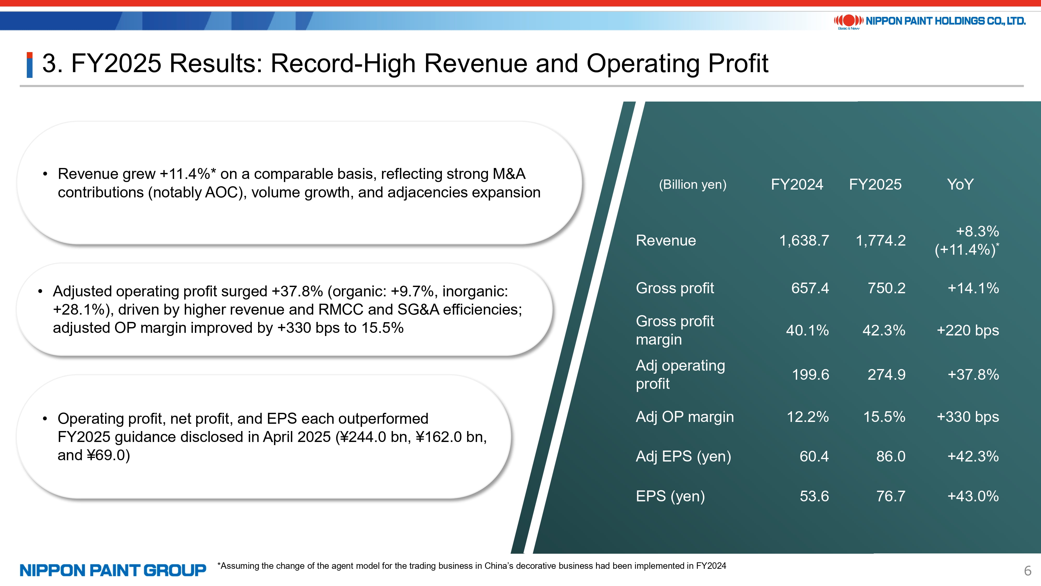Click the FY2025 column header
(x=875, y=184)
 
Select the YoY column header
(x=960, y=184)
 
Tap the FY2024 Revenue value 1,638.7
(x=804, y=241)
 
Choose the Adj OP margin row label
(x=684, y=417)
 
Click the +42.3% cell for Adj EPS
(x=973, y=457)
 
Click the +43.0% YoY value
(x=973, y=496)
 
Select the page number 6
(x=1028, y=571)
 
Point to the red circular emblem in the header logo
(x=849, y=20)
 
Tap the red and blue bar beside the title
(x=29, y=65)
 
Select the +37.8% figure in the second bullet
(x=297, y=291)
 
